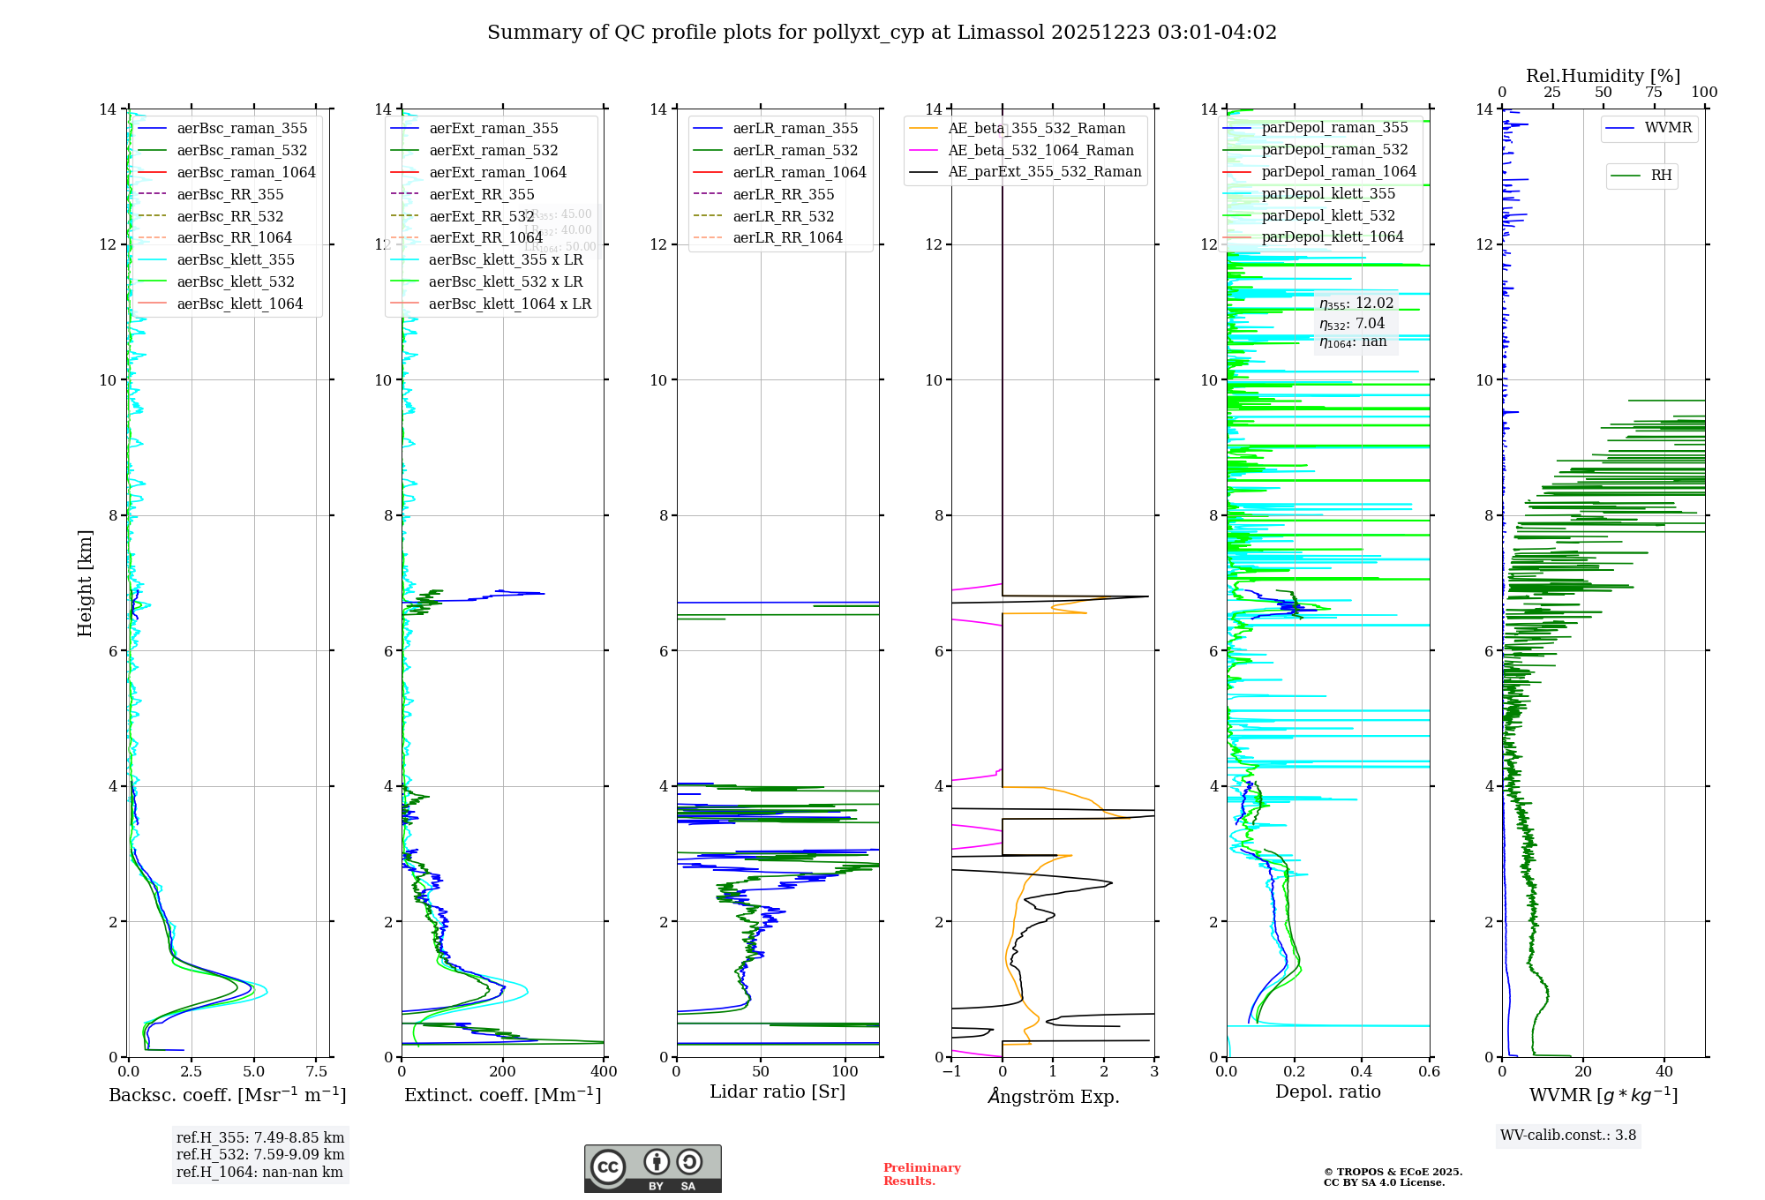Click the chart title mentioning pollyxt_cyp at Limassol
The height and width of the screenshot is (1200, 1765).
(x=882, y=33)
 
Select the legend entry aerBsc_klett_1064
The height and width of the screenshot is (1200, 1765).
(x=239, y=304)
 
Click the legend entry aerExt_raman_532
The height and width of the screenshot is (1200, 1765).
(x=493, y=150)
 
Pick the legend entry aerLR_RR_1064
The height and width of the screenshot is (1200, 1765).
(x=787, y=237)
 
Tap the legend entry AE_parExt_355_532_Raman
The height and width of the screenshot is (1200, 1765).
(x=1044, y=171)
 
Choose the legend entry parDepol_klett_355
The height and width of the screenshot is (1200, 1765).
(x=1328, y=193)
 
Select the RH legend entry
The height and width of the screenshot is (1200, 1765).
(x=1661, y=176)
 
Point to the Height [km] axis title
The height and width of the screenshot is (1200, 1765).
(x=85, y=582)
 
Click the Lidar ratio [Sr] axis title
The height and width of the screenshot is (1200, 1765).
(x=777, y=1091)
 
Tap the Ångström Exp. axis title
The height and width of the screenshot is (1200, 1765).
(x=1053, y=1096)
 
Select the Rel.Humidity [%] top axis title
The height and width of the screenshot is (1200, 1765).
(x=1603, y=76)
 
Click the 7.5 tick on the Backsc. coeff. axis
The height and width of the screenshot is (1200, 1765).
(x=317, y=1072)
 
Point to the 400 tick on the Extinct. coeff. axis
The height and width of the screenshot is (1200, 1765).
(x=604, y=1072)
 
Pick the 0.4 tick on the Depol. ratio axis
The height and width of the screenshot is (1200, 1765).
(x=1362, y=1072)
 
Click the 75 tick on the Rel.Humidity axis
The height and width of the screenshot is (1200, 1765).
(x=1654, y=93)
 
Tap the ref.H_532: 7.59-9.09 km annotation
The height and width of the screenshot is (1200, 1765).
(x=260, y=1154)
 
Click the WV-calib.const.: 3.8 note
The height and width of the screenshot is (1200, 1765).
(x=1568, y=1135)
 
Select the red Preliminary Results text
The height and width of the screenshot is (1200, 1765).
(x=921, y=1174)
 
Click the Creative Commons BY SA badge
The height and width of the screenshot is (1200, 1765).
(x=652, y=1168)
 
